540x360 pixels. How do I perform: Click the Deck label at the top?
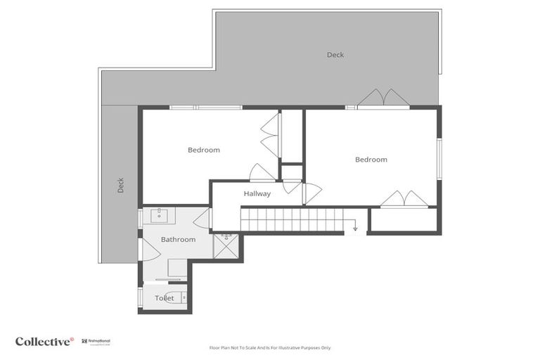(x=335, y=55)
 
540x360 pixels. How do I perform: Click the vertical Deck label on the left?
(x=120, y=185)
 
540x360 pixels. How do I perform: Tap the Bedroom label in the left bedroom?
(x=203, y=150)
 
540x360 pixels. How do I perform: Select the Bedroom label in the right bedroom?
(x=371, y=160)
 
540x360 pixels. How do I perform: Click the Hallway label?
(x=257, y=193)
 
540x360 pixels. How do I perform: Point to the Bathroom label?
(x=178, y=240)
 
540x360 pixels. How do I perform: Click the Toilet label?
(x=165, y=298)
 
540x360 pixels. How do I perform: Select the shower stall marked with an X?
(x=226, y=246)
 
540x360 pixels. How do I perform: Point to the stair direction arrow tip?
(x=355, y=229)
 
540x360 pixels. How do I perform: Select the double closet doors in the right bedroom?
(x=404, y=199)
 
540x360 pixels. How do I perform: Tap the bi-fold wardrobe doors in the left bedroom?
(x=270, y=135)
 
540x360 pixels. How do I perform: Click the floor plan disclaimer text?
(x=270, y=347)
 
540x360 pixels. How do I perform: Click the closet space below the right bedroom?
(x=404, y=221)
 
